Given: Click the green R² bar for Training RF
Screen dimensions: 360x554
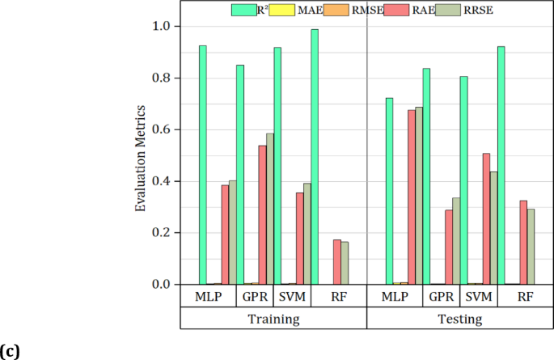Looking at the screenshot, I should click(x=315, y=157).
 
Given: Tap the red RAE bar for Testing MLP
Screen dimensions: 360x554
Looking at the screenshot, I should click(x=412, y=197).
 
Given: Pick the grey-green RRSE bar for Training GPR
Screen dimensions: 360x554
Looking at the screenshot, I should click(x=269, y=209).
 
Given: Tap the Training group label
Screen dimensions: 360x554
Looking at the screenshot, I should click(x=273, y=319).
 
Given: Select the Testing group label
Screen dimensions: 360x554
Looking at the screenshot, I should click(x=459, y=319).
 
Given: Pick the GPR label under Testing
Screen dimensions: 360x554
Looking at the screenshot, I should click(x=442, y=296).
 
